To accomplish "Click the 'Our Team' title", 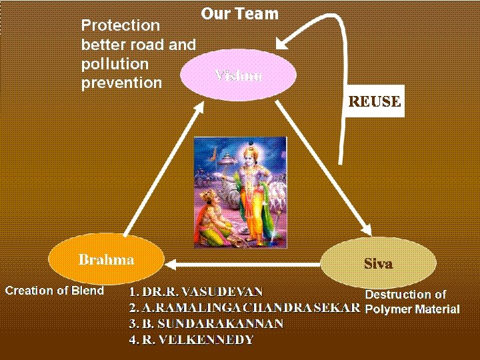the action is pyautogui.click(x=239, y=13).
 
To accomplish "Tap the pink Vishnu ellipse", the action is pyautogui.click(x=239, y=74).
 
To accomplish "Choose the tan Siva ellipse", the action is pyautogui.click(x=378, y=263).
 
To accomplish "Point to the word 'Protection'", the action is pyautogui.click(x=120, y=25).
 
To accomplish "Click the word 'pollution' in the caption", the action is pyautogui.click(x=115, y=64).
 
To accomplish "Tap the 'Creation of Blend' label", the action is pyautogui.click(x=55, y=290).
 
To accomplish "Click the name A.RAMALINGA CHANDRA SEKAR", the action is pyautogui.click(x=245, y=308).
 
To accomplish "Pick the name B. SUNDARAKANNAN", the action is pyautogui.click(x=207, y=324).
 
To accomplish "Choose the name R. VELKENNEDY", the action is pyautogui.click(x=191, y=340).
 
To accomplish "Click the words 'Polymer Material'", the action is pyautogui.click(x=413, y=309).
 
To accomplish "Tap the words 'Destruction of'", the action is pyautogui.click(x=405, y=294).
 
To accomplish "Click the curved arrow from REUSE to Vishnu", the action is pyautogui.click(x=337, y=40).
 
